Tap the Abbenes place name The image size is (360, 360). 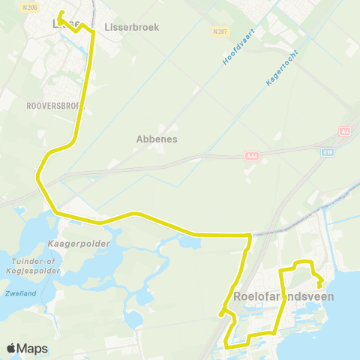[156, 139]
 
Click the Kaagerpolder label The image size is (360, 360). [78, 244]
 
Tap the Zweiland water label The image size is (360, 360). [19, 293]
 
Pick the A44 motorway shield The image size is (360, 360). [251, 155]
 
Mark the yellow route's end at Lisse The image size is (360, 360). [59, 12]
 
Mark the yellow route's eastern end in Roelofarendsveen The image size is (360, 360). [320, 286]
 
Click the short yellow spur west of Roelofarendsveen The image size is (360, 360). [222, 313]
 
